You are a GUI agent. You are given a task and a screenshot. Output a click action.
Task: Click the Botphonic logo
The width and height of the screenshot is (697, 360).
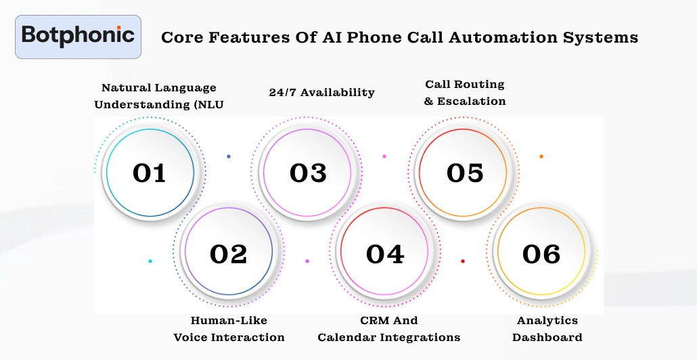[78, 36]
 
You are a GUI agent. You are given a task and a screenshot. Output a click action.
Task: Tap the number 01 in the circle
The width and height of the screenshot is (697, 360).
[150, 173]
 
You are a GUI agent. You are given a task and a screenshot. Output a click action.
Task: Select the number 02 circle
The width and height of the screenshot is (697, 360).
[229, 254]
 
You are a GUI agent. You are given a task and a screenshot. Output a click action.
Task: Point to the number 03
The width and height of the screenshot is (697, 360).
[308, 173]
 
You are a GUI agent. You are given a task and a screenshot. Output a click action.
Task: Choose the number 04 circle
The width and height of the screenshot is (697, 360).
[385, 254]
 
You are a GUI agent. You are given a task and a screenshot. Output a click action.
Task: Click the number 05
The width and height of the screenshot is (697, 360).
[465, 173]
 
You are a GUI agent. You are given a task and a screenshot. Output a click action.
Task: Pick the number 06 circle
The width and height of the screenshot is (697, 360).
[541, 254]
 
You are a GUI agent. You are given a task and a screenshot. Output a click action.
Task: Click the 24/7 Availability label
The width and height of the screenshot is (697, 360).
[321, 92]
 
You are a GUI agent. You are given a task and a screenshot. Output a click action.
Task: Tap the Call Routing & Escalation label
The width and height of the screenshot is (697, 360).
[465, 93]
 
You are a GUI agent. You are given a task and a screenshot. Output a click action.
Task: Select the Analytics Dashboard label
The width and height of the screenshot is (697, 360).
[547, 328]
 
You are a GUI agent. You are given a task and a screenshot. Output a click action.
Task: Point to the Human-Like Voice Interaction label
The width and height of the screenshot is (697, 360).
[229, 328]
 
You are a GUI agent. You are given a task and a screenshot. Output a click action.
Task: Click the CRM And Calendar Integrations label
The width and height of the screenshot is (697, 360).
[388, 328]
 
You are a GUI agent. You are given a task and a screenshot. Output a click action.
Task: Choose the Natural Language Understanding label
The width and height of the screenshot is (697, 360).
[159, 96]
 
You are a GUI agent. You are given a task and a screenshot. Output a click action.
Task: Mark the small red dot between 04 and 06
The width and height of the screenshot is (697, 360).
[463, 261]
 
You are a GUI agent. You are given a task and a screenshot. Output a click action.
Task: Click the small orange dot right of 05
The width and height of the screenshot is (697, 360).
[541, 156]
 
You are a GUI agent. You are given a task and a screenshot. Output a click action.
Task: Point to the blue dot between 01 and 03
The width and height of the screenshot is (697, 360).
[229, 156]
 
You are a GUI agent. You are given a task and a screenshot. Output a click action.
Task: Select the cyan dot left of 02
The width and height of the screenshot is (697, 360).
[150, 261]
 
